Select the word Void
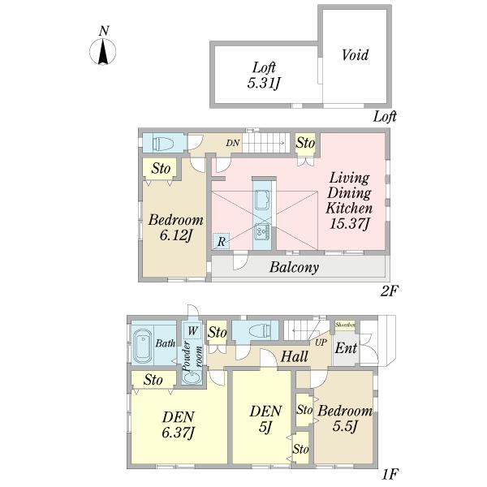[355, 55]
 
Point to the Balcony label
[293, 266]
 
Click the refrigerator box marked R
[220, 241]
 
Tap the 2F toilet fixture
[163, 144]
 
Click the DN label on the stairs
[232, 143]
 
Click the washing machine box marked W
[192, 330]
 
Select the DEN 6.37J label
[178, 425]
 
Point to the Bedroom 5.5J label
[344, 419]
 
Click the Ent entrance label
[346, 350]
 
